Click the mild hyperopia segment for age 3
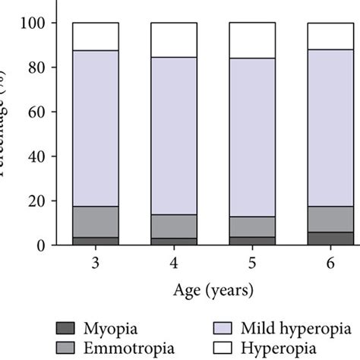(x=96, y=128)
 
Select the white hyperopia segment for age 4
(x=174, y=39)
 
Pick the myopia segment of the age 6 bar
(x=330, y=238)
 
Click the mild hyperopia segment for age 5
(x=252, y=137)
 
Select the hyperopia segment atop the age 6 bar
(x=330, y=36)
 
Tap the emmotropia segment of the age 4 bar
(x=174, y=226)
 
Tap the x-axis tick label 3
(x=96, y=262)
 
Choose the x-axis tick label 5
(x=252, y=262)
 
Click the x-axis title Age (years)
(x=213, y=291)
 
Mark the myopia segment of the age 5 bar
(x=252, y=241)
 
